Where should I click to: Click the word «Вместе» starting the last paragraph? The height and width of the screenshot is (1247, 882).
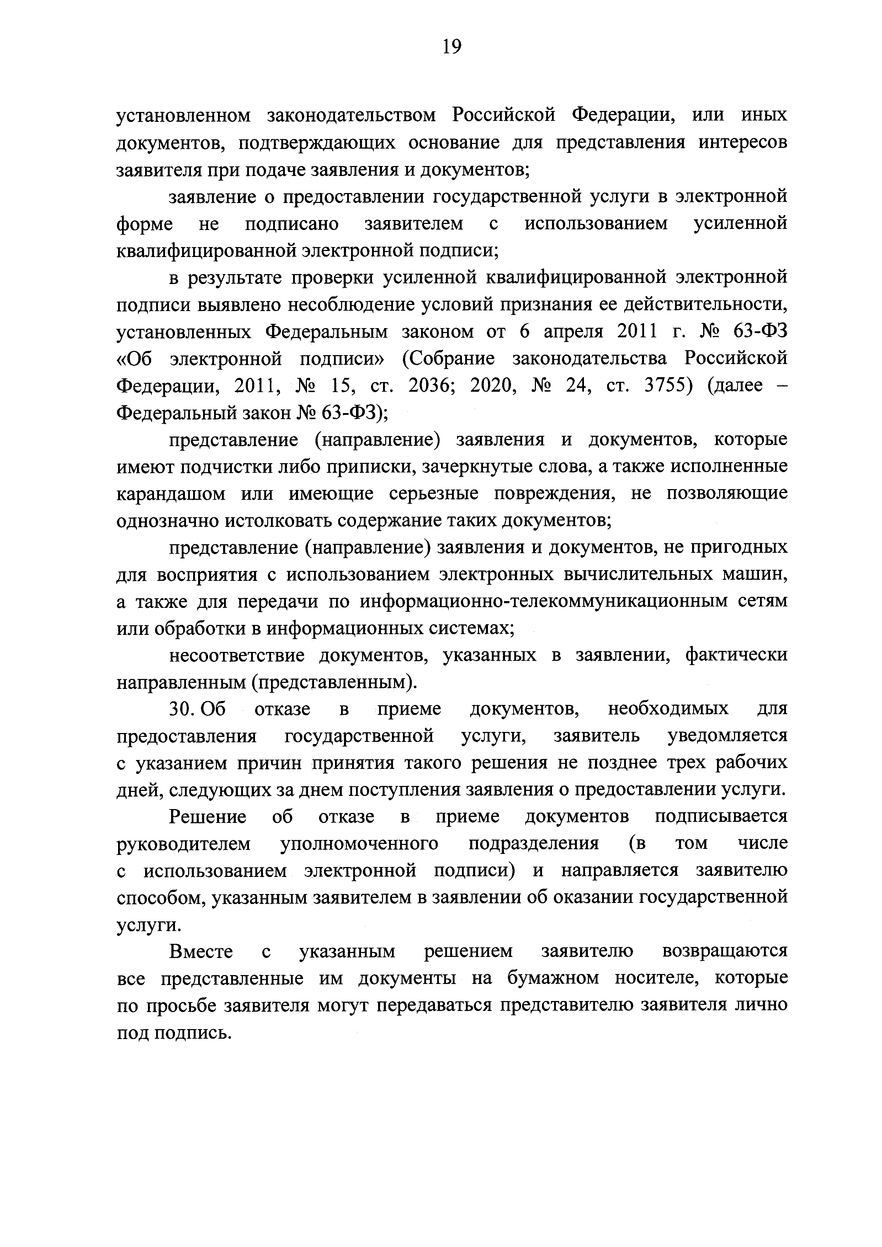point(201,952)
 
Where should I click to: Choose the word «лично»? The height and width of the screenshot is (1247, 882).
point(760,1005)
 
